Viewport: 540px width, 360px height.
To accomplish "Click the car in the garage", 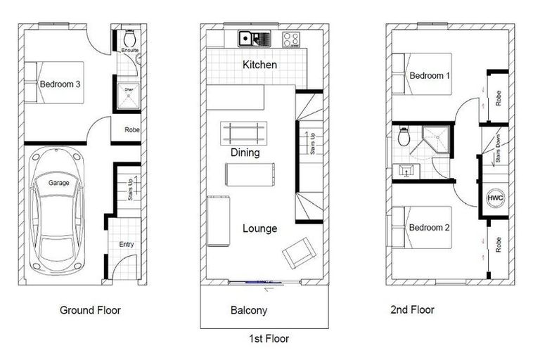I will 58,211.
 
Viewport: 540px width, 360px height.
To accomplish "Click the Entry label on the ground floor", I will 127,245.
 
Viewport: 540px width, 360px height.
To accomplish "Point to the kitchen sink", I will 247,39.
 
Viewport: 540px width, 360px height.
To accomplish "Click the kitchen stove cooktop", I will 292,39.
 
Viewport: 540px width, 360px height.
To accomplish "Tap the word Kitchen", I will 259,65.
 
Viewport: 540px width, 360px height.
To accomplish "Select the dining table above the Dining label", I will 244,131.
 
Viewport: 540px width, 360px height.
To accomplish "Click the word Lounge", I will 259,229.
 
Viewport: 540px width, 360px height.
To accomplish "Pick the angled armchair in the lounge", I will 298,252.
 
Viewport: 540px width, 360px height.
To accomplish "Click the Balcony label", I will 249,310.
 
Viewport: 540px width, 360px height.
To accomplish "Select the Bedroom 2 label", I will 430,228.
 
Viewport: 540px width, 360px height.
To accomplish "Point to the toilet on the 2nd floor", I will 404,137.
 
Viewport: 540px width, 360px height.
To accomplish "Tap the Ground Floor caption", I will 90,310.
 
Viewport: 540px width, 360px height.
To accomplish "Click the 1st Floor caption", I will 269,339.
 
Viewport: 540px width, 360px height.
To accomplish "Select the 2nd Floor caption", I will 412,310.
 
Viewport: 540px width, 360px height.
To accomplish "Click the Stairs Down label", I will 497,150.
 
